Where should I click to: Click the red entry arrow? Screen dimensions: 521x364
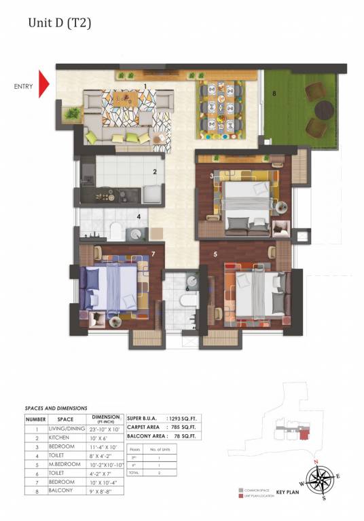tap(44, 84)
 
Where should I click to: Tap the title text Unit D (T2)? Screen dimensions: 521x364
tap(59, 23)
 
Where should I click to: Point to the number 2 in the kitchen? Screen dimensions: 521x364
tap(154, 172)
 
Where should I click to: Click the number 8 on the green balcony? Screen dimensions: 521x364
tap(274, 94)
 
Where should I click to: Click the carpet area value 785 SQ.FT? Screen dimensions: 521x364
tap(183, 427)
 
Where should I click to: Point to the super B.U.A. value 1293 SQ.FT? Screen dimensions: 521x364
tap(183, 417)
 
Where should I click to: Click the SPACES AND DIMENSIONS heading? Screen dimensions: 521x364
tap(56, 408)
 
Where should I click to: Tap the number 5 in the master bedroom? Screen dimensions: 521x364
tap(215, 255)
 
